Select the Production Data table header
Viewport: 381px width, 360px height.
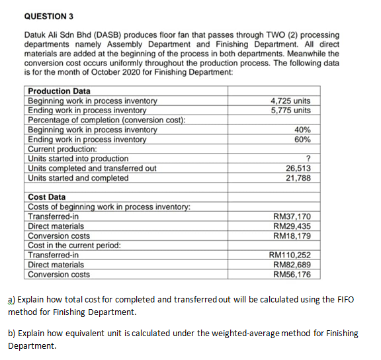[60, 91]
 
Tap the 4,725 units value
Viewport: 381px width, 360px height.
[291, 101]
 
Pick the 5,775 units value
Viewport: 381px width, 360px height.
[291, 110]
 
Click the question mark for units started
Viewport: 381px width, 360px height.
[308, 159]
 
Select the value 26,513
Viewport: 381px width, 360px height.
[298, 168]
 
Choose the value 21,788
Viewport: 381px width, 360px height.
[298, 178]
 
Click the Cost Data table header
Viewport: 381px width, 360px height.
[47, 197]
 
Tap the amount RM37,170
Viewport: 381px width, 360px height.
[292, 216]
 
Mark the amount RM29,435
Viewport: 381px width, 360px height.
[292, 226]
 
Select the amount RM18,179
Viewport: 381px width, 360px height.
[292, 236]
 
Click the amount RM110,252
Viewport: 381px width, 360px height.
[290, 255]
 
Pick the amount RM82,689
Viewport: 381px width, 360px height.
[292, 265]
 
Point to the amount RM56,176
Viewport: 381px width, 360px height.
[292, 275]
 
